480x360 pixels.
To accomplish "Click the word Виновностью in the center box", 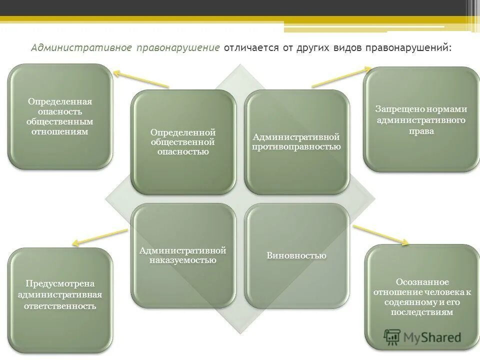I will click(296, 255).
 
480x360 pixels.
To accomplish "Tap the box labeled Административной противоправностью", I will click(296, 142).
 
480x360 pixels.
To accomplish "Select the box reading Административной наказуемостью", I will click(183, 255).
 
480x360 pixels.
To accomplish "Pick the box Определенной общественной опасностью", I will click(183, 141).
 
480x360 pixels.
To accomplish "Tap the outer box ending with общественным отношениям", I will click(60, 116).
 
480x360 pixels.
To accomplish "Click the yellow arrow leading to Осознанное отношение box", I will click(380, 235).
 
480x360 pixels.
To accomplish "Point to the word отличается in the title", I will click(248, 48).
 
